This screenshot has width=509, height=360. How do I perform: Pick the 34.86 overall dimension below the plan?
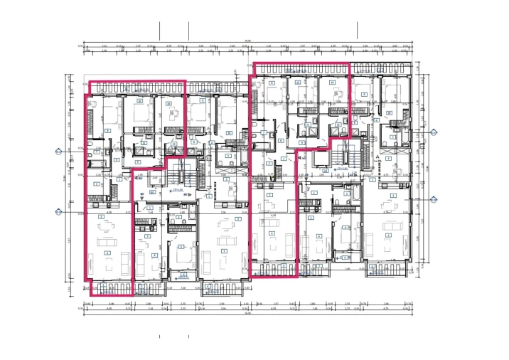click(x=247, y=312)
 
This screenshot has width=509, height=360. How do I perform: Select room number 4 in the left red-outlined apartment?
click(x=107, y=253)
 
